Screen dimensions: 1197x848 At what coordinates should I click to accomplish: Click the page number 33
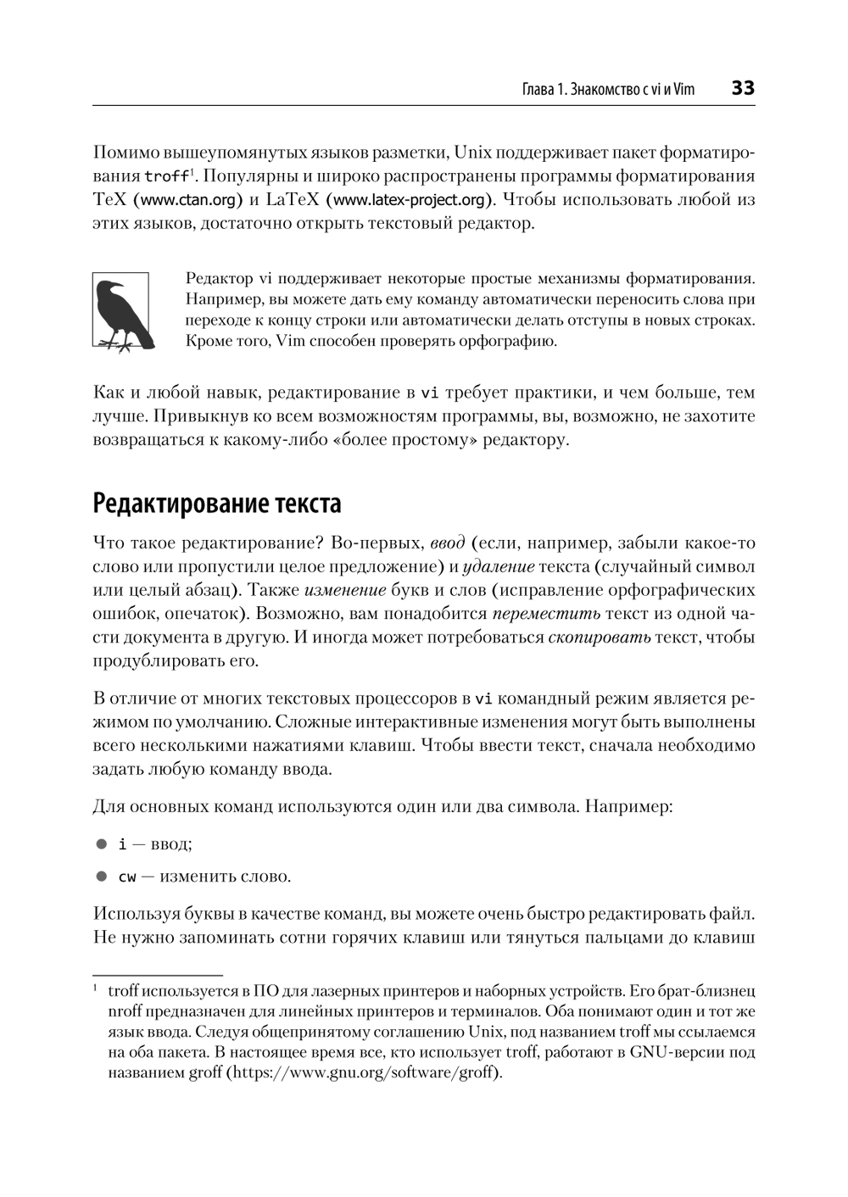point(742,88)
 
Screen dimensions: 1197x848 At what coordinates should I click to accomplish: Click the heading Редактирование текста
point(217,503)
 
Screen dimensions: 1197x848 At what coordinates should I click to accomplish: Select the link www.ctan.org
point(187,200)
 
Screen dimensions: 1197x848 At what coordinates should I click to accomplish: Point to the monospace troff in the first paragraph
point(166,177)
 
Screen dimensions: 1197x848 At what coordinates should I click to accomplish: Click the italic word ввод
point(447,543)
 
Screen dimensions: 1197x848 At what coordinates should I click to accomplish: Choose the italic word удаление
point(499,566)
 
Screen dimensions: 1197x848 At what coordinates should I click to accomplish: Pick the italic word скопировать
point(599,637)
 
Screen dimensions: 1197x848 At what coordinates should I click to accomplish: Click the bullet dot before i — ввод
point(102,844)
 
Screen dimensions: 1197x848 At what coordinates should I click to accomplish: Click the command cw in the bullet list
point(127,877)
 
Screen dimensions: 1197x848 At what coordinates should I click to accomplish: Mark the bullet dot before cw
point(102,877)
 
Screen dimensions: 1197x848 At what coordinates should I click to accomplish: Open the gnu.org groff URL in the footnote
point(365,1072)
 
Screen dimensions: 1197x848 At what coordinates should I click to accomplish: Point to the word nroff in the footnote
point(126,1011)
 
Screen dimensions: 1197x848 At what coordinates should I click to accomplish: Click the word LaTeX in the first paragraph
point(293,200)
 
